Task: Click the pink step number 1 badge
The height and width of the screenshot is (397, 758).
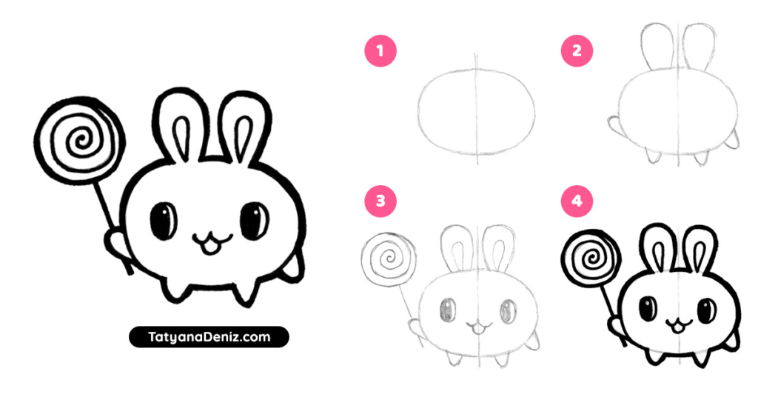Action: [x=380, y=51]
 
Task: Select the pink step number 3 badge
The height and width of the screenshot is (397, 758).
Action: [x=380, y=200]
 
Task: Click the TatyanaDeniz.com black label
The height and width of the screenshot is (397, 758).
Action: [x=209, y=338]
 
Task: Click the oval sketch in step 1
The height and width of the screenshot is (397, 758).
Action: [x=477, y=111]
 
